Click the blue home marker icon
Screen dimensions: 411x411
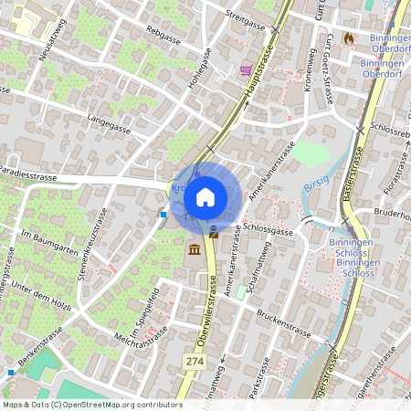click(x=205, y=195)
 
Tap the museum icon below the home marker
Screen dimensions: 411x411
click(x=195, y=250)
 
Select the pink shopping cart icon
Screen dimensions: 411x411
click(x=246, y=69)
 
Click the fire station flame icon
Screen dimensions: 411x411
click(x=349, y=38)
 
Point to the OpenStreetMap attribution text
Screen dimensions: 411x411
click(x=91, y=404)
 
